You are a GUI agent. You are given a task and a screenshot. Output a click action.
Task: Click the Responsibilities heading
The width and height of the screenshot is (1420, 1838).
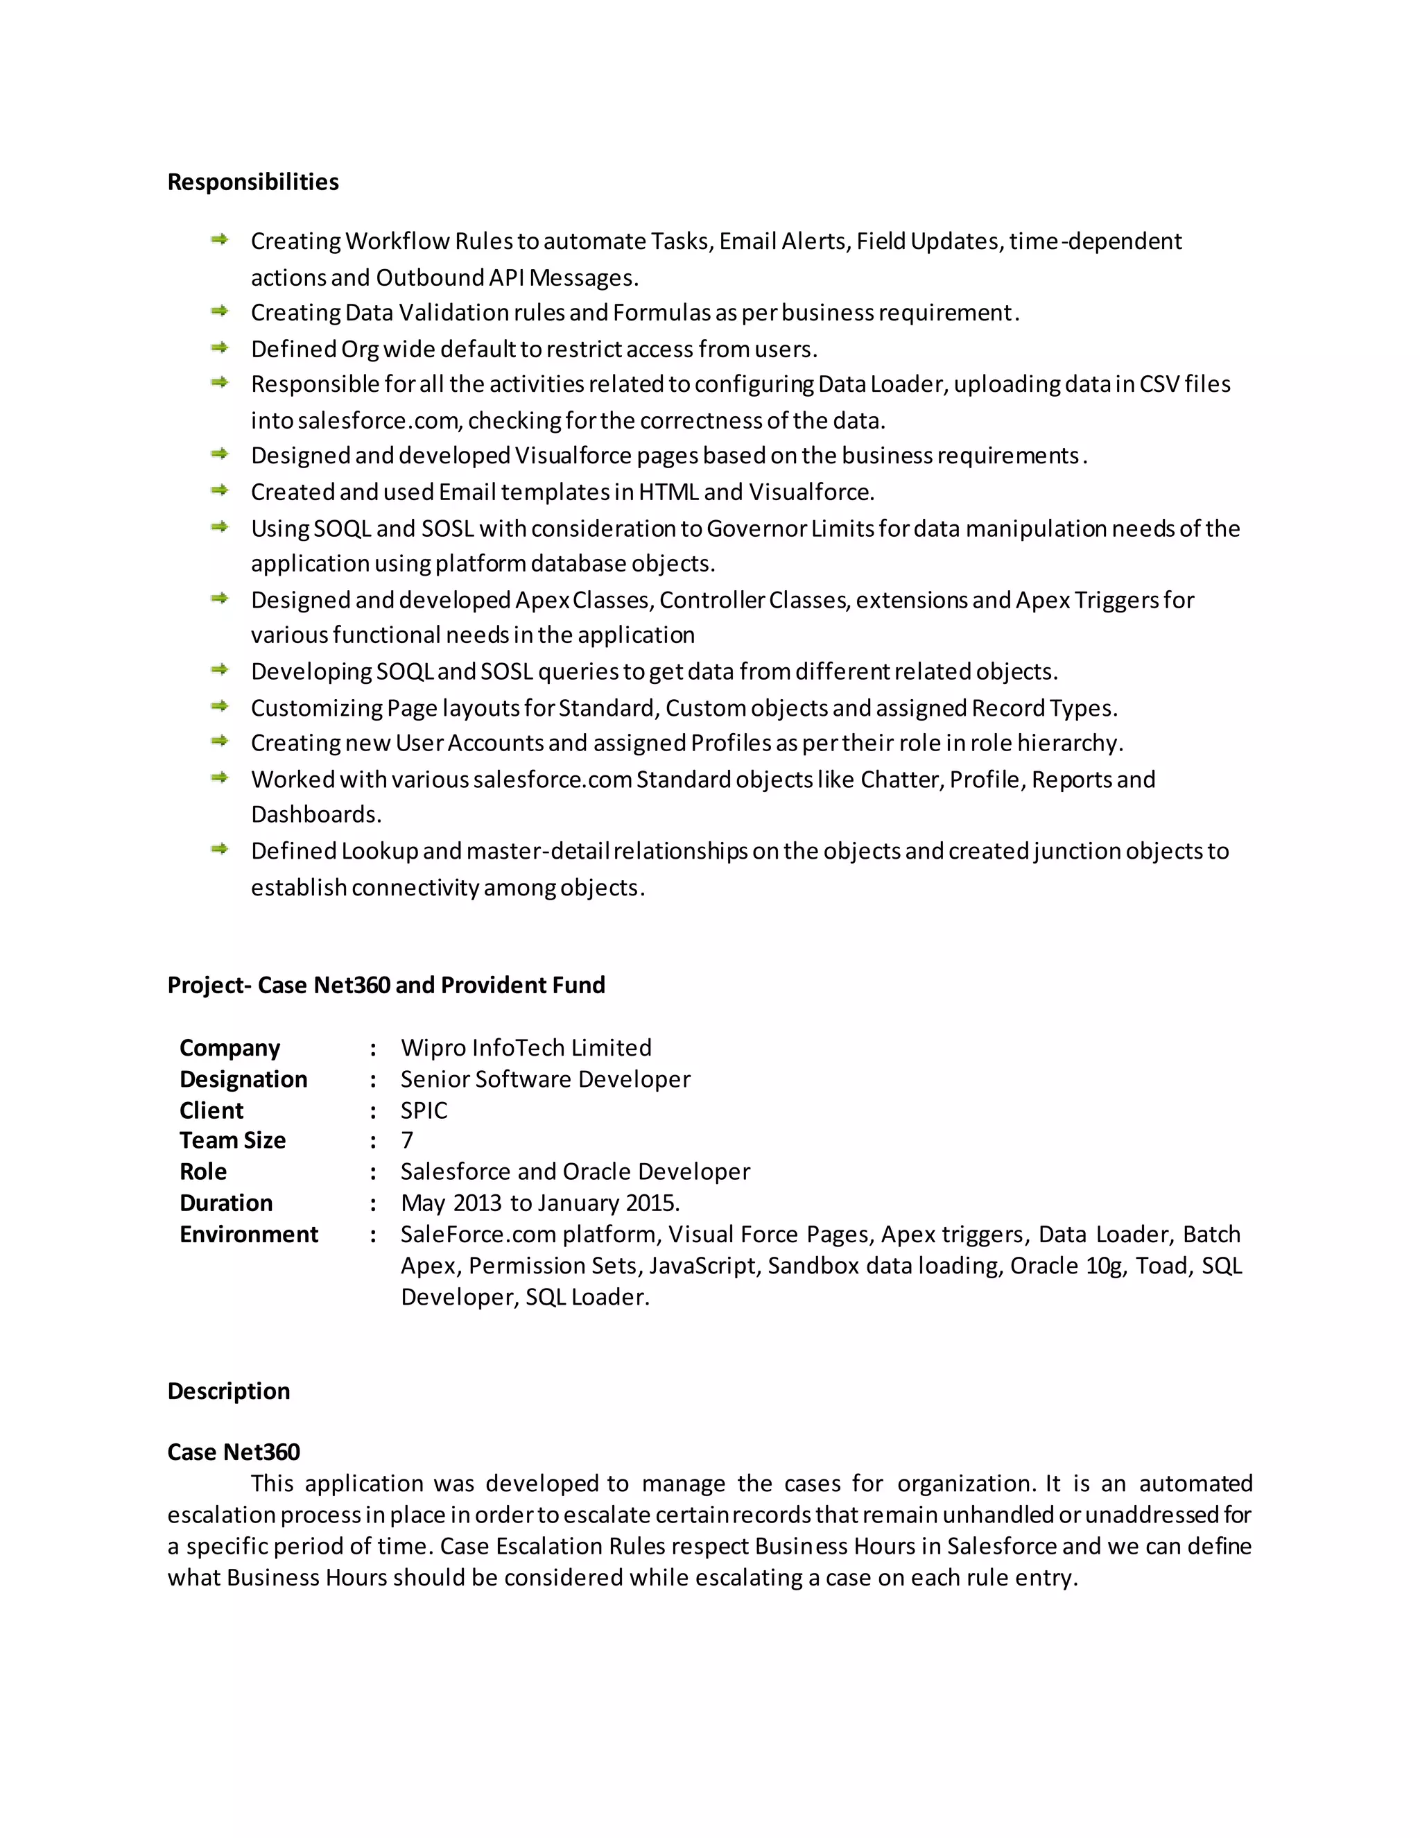[x=252, y=182]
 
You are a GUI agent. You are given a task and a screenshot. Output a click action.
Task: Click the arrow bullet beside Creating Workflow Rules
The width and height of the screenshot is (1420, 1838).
[x=220, y=240]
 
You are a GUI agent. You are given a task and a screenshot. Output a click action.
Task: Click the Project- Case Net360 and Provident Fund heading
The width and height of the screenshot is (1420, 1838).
[x=386, y=985]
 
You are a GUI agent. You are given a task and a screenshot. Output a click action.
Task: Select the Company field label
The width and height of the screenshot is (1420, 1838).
[x=230, y=1048]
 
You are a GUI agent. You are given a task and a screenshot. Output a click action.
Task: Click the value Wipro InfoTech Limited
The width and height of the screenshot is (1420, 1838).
[x=526, y=1048]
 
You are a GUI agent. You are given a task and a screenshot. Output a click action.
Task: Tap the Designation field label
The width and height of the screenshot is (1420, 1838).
[x=243, y=1079]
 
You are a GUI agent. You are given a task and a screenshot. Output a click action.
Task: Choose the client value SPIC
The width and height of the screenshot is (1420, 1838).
[x=424, y=1111]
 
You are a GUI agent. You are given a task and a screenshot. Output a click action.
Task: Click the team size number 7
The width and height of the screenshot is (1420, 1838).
[x=407, y=1140]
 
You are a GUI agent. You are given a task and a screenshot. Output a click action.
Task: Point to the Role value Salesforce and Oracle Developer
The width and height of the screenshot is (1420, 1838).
[x=575, y=1171]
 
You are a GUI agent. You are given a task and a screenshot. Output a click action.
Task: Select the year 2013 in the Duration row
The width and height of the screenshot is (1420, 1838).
[x=477, y=1203]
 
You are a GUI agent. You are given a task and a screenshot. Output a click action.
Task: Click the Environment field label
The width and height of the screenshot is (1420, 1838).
[x=248, y=1235]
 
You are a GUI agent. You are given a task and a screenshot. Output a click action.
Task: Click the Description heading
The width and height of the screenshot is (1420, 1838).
[x=228, y=1391]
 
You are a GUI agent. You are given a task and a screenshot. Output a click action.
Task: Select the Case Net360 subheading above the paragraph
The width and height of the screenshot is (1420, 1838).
[x=233, y=1452]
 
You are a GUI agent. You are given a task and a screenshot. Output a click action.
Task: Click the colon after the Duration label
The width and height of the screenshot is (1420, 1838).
[x=372, y=1203]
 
